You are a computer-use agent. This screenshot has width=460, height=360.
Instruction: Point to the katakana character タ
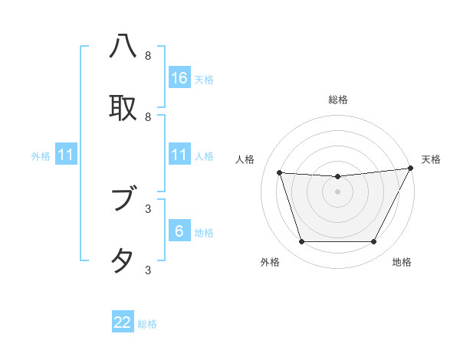point(123,260)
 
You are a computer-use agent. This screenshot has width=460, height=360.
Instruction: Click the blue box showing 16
point(179,77)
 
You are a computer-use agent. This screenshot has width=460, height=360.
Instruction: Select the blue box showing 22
point(123,322)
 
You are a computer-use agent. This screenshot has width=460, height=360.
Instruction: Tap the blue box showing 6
point(179,231)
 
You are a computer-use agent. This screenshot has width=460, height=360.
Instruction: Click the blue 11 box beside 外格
point(66,155)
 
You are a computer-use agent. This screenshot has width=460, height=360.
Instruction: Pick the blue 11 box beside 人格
point(179,155)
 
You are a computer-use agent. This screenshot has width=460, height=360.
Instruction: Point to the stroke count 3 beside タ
point(148,270)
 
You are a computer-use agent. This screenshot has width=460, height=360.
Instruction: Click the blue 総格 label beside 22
point(147,324)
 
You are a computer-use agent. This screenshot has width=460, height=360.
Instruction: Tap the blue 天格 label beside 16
point(204,79)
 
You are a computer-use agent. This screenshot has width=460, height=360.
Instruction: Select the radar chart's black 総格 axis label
point(338,100)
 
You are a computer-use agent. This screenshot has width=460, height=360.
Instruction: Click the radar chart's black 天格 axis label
point(431,159)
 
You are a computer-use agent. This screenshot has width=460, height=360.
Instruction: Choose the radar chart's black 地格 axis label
point(402,262)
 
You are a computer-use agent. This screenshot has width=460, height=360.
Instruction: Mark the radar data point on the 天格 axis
point(411,169)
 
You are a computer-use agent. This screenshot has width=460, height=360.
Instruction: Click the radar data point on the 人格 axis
point(279,173)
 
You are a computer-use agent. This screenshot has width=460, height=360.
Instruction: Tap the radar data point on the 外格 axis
point(301,242)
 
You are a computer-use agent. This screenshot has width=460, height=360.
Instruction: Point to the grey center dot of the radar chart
point(338,191)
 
